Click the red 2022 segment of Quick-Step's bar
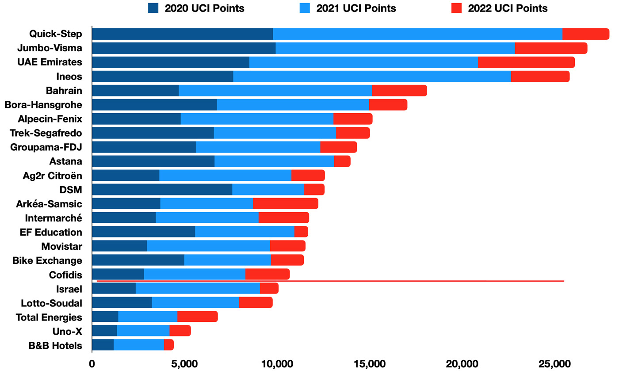pos(585,34)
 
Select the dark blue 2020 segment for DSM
pos(162,190)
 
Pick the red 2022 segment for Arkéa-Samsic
pos(285,204)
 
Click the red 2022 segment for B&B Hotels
pos(168,345)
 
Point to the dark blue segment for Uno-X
pos(104,331)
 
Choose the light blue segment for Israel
pos(198,289)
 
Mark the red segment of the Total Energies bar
pos(197,317)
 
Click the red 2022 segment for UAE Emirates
pos(526,62)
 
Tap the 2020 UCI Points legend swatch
pos(153,8)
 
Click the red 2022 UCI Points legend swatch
pos(451,8)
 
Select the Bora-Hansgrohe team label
pos(43,105)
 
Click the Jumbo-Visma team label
pos(50,48)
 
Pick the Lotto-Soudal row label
pos(51,303)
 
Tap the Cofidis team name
pos(65,275)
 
